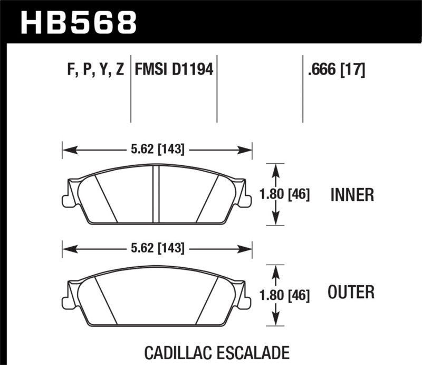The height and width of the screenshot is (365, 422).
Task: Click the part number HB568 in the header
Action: coord(78,22)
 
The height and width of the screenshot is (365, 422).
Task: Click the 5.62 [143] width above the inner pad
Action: coord(157,149)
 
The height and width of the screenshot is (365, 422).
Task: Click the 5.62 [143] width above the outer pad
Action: coord(157,247)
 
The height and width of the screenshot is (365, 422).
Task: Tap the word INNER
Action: coord(352,195)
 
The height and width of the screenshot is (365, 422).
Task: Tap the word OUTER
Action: coord(352,292)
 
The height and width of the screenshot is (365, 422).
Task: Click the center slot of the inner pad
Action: coord(156,193)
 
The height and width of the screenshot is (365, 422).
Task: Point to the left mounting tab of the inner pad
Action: coord(66,200)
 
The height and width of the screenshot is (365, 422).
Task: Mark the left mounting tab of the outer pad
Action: coord(66,301)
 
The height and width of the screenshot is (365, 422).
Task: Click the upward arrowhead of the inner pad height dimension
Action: coord(275,167)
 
